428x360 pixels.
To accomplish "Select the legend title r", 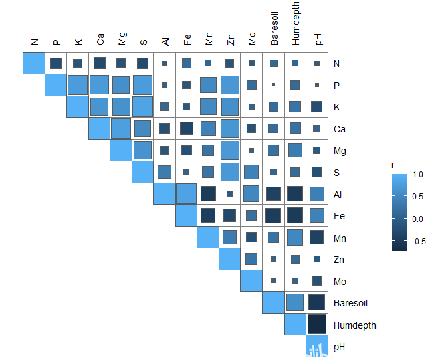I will click(x=395, y=163).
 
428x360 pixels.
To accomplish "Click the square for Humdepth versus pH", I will click(x=316, y=325).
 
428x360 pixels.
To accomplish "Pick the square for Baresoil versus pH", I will click(x=316, y=303).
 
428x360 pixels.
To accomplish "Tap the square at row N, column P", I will click(x=56, y=64).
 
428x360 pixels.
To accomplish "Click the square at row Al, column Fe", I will click(x=186, y=194).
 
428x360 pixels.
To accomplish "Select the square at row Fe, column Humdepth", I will click(x=295, y=216).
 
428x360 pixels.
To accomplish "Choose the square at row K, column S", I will click(x=142, y=107).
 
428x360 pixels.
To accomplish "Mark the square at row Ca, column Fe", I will click(x=186, y=128).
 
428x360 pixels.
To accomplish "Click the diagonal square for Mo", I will click(x=251, y=281).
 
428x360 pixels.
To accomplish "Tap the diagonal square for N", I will click(x=34, y=64).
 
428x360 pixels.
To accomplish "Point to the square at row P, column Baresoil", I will click(x=273, y=85).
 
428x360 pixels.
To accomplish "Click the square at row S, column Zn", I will click(x=229, y=173).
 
